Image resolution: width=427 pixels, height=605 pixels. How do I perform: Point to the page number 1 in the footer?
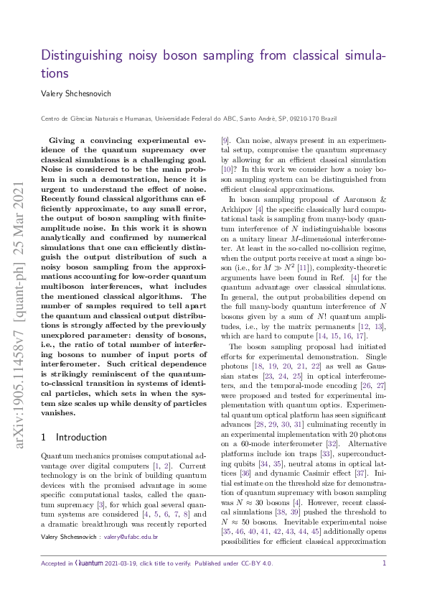click(385, 583)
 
